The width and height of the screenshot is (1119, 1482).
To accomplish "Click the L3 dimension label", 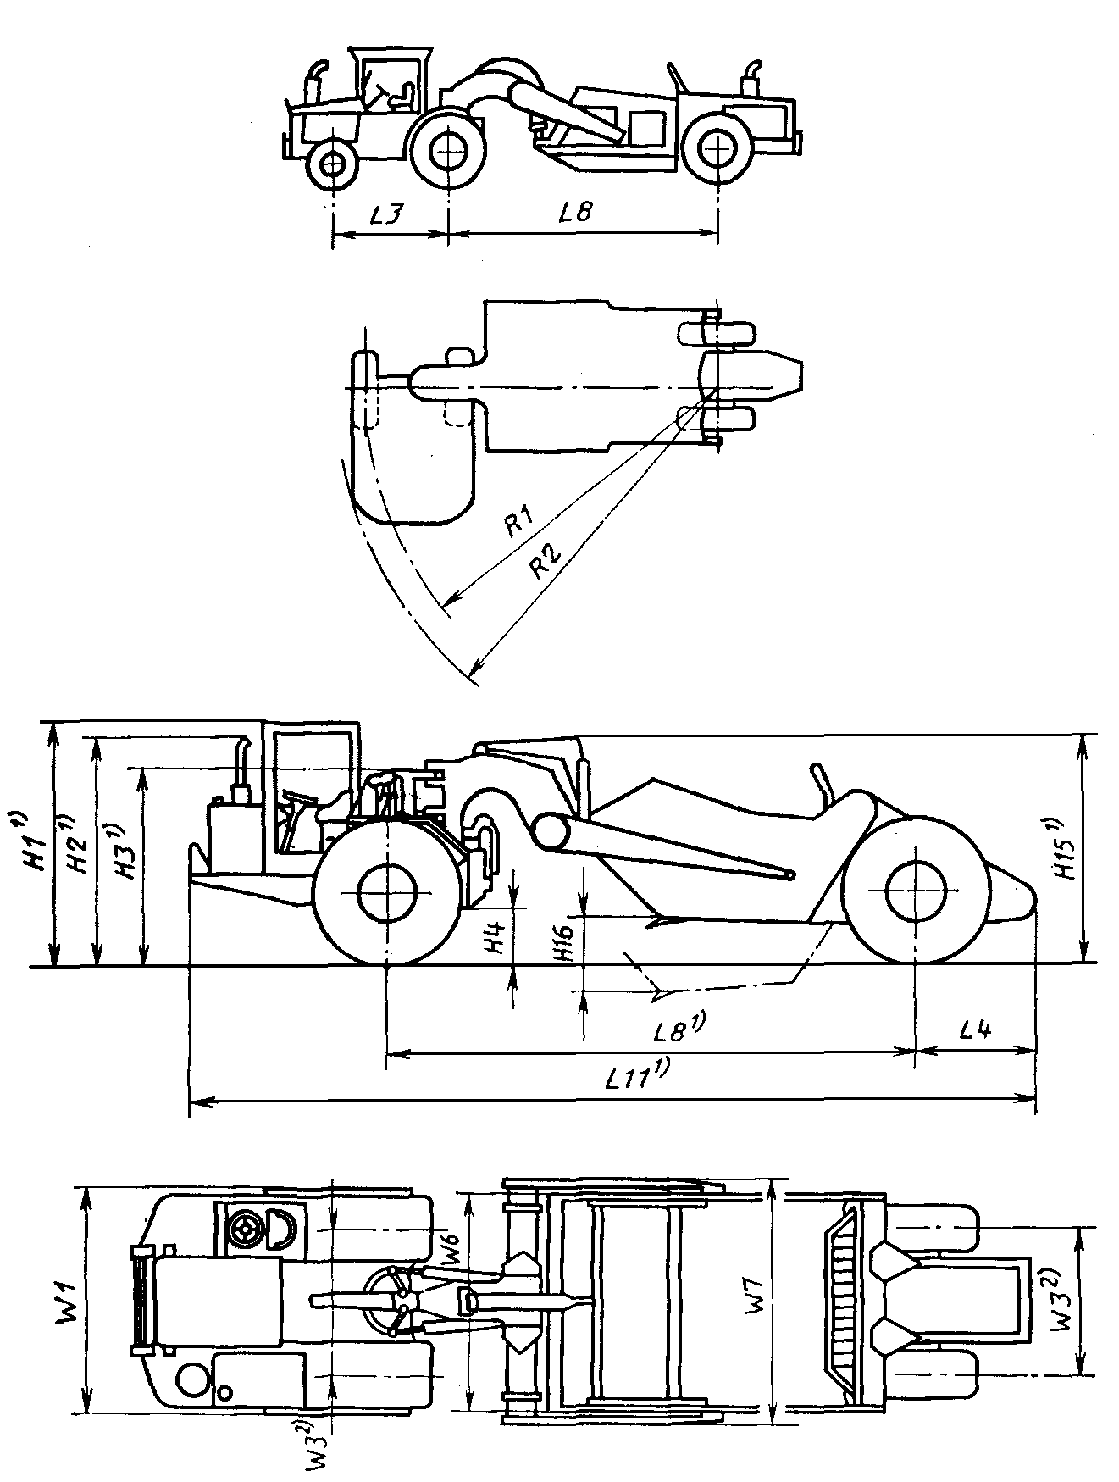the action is point(386,214).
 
